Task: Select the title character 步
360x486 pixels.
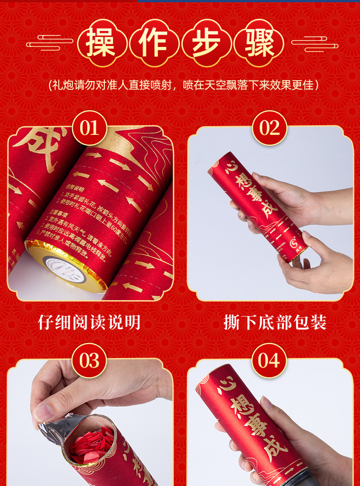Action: click(x=206, y=43)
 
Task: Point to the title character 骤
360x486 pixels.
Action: click(x=258, y=43)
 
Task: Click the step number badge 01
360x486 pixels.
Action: click(x=89, y=128)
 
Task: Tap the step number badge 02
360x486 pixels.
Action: click(x=269, y=128)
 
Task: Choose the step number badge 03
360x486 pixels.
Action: click(x=89, y=360)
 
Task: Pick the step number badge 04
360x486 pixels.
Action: click(x=269, y=360)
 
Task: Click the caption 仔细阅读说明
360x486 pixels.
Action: click(x=89, y=322)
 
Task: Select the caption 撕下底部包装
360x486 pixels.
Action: click(x=275, y=322)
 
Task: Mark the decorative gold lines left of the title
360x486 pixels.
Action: click(x=50, y=44)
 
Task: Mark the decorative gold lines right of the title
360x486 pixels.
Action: click(x=314, y=44)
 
